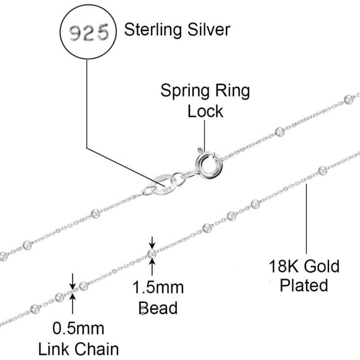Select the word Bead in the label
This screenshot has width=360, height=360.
[x=158, y=307]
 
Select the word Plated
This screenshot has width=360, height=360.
[x=304, y=286]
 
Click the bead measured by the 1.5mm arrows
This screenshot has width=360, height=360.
[x=152, y=253]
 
